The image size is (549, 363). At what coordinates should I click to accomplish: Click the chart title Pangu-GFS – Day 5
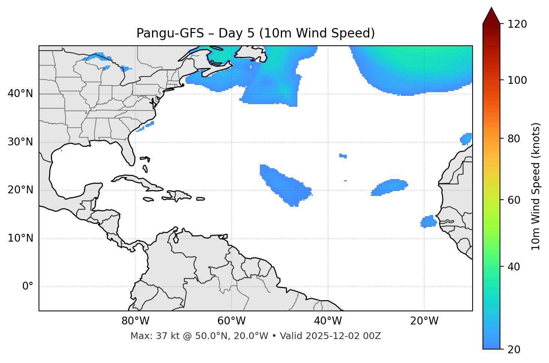255,33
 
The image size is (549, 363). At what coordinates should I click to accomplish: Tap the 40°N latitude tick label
20,94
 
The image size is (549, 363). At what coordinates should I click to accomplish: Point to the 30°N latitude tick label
20,142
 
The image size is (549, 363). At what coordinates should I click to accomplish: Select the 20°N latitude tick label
20,190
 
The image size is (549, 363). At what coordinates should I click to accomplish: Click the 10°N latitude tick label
20,238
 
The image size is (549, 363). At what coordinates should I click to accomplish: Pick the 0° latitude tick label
28,287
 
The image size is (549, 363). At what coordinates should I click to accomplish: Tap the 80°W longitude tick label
135,321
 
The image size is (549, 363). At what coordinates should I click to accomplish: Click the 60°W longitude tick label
231,321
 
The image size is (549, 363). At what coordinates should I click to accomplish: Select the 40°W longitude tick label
328,321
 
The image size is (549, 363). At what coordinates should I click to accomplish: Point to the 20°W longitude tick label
424,321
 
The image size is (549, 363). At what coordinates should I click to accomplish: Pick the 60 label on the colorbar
515,200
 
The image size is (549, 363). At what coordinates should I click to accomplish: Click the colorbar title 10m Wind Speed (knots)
536,186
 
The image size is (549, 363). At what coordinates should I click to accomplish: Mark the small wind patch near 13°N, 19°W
428,222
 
